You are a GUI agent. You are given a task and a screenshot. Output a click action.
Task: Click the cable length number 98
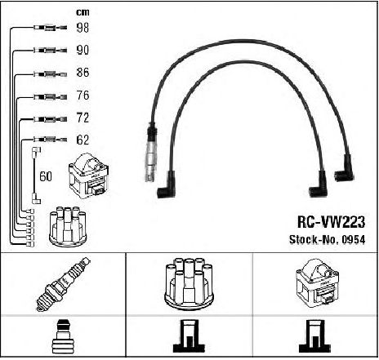pyautogui.click(x=82, y=28)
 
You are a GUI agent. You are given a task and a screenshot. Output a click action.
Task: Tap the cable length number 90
pyautogui.click(x=82, y=50)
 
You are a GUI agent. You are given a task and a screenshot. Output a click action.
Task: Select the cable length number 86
pyautogui.click(x=82, y=73)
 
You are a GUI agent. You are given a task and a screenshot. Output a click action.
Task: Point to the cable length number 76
pyautogui.click(x=82, y=96)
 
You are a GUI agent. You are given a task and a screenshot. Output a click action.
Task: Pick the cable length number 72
pyautogui.click(x=82, y=118)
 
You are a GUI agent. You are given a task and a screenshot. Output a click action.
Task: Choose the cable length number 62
pyautogui.click(x=82, y=140)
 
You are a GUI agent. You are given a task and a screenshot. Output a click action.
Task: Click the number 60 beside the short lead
pyautogui.click(x=46, y=176)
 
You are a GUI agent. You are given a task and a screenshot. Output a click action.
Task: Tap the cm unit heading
pyautogui.click(x=82, y=12)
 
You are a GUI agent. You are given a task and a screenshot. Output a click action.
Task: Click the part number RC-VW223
pyautogui.click(x=331, y=222)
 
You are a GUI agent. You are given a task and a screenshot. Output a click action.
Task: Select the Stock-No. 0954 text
pyautogui.click(x=327, y=240)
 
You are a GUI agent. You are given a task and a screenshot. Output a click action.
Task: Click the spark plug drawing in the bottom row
pyautogui.click(x=63, y=284)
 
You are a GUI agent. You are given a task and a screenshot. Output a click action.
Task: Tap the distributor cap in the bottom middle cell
pyautogui.click(x=189, y=284)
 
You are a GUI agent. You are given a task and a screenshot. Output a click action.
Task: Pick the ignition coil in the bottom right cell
pyautogui.click(x=317, y=283)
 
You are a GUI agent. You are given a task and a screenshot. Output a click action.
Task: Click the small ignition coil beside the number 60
pyautogui.click(x=89, y=176)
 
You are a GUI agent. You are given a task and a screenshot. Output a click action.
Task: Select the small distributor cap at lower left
pyautogui.click(x=68, y=227)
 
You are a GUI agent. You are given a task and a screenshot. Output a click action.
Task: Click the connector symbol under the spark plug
pyautogui.click(x=63, y=337)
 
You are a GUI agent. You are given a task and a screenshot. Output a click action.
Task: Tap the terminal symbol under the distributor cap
pyautogui.click(x=189, y=336)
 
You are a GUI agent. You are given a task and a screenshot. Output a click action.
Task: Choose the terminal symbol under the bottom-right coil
pyautogui.click(x=314, y=336)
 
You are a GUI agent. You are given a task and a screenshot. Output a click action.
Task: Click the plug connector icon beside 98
pyautogui.click(x=51, y=28)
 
